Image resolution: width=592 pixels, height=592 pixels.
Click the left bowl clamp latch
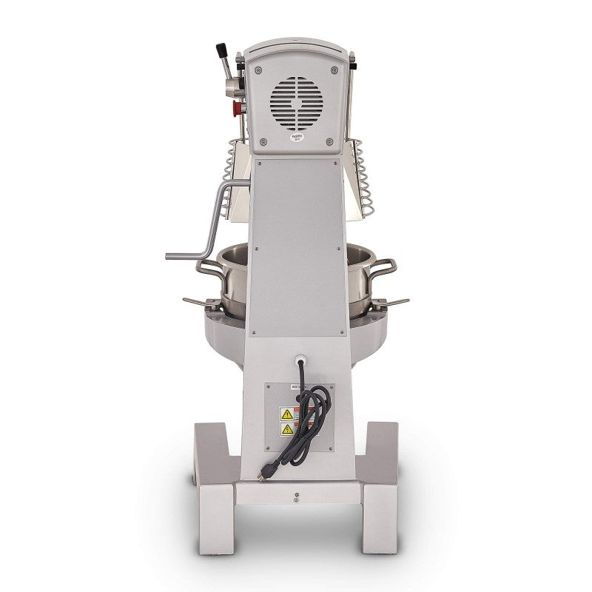(200, 302)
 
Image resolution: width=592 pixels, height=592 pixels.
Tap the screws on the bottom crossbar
(296, 495)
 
